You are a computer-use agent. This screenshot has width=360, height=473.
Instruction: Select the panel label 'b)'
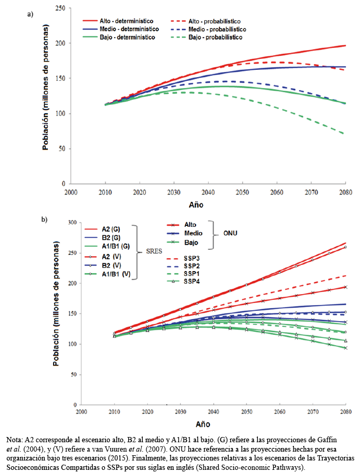click(x=44, y=220)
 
